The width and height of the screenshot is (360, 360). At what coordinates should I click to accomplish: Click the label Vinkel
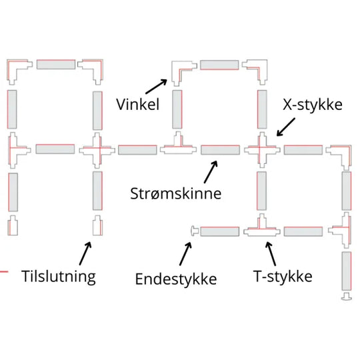click(x=137, y=105)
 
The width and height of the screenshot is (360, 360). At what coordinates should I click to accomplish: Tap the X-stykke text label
click(x=313, y=105)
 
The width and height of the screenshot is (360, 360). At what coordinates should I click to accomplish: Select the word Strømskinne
click(x=175, y=193)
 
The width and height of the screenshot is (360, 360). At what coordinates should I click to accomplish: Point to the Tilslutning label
click(x=59, y=277)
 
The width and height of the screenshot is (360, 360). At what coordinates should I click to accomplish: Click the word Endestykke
click(x=176, y=279)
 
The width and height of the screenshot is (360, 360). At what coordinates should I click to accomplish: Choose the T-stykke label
click(x=283, y=276)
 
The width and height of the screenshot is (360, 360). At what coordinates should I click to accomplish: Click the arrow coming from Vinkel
click(x=156, y=87)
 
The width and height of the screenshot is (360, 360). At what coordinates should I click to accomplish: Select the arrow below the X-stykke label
click(x=286, y=127)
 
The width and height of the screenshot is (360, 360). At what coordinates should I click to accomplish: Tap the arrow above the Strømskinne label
click(x=211, y=172)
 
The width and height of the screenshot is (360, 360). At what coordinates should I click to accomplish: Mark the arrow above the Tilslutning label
click(x=85, y=253)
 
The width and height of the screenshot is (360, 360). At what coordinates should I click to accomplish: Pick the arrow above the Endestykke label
click(x=185, y=254)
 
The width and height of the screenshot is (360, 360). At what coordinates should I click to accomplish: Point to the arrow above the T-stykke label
click(x=271, y=254)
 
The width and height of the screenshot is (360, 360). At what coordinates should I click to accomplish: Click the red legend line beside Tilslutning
click(x=4, y=272)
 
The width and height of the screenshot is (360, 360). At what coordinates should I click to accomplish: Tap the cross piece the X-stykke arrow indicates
click(x=262, y=150)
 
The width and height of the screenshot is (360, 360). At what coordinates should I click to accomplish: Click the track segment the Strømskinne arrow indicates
click(x=221, y=150)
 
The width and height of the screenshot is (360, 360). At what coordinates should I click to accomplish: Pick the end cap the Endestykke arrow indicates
click(x=195, y=231)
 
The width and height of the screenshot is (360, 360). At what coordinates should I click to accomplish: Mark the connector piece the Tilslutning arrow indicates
click(x=97, y=226)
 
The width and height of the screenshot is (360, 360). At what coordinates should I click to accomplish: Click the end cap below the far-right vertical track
click(x=347, y=296)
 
